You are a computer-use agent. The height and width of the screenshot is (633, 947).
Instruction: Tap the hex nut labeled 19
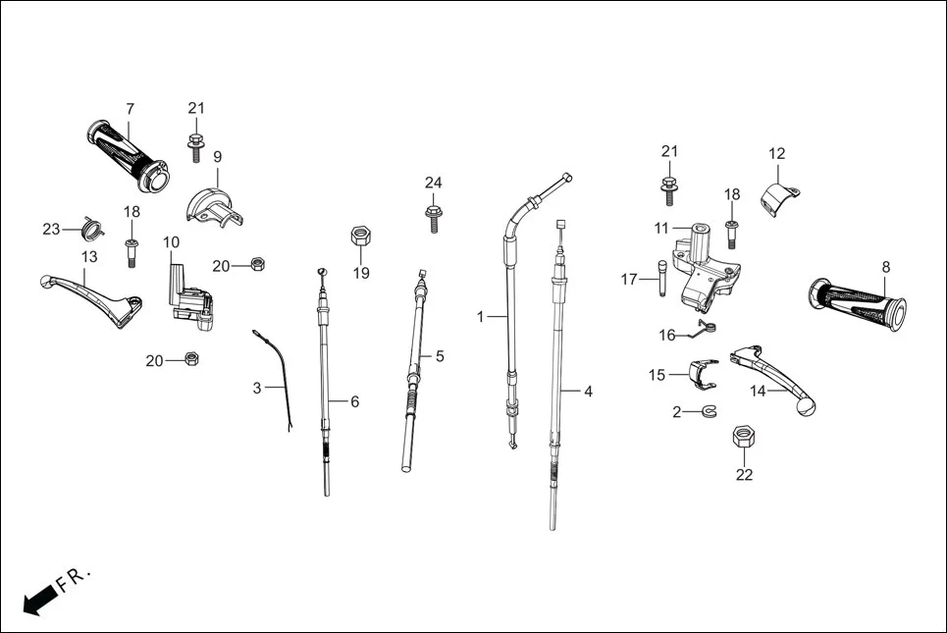click(x=360, y=237)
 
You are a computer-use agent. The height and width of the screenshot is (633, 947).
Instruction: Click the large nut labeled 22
click(x=744, y=437)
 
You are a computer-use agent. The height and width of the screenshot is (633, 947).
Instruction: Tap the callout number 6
click(x=354, y=401)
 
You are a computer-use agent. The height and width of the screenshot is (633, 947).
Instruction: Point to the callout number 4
click(x=588, y=392)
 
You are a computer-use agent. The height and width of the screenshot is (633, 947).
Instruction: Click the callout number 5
click(x=440, y=356)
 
